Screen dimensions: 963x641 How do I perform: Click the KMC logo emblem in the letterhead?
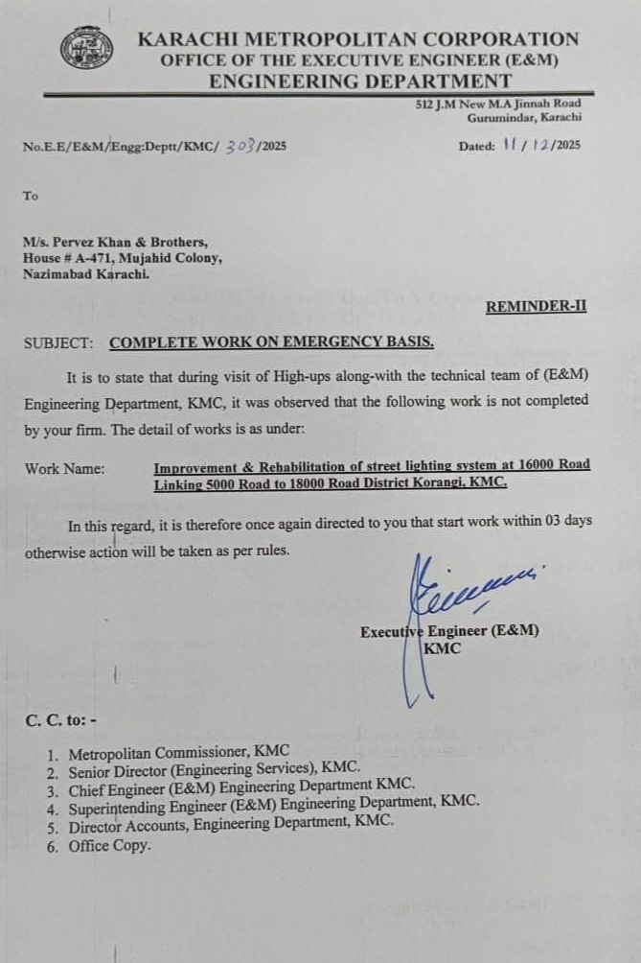tap(86, 49)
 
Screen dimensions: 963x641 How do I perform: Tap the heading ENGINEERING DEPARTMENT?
tap(360, 81)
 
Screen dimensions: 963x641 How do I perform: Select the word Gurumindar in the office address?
tap(501, 117)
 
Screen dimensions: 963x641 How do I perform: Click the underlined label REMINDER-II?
tap(536, 307)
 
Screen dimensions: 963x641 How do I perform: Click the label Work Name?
tap(65, 469)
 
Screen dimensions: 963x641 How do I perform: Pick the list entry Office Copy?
tap(109, 846)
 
